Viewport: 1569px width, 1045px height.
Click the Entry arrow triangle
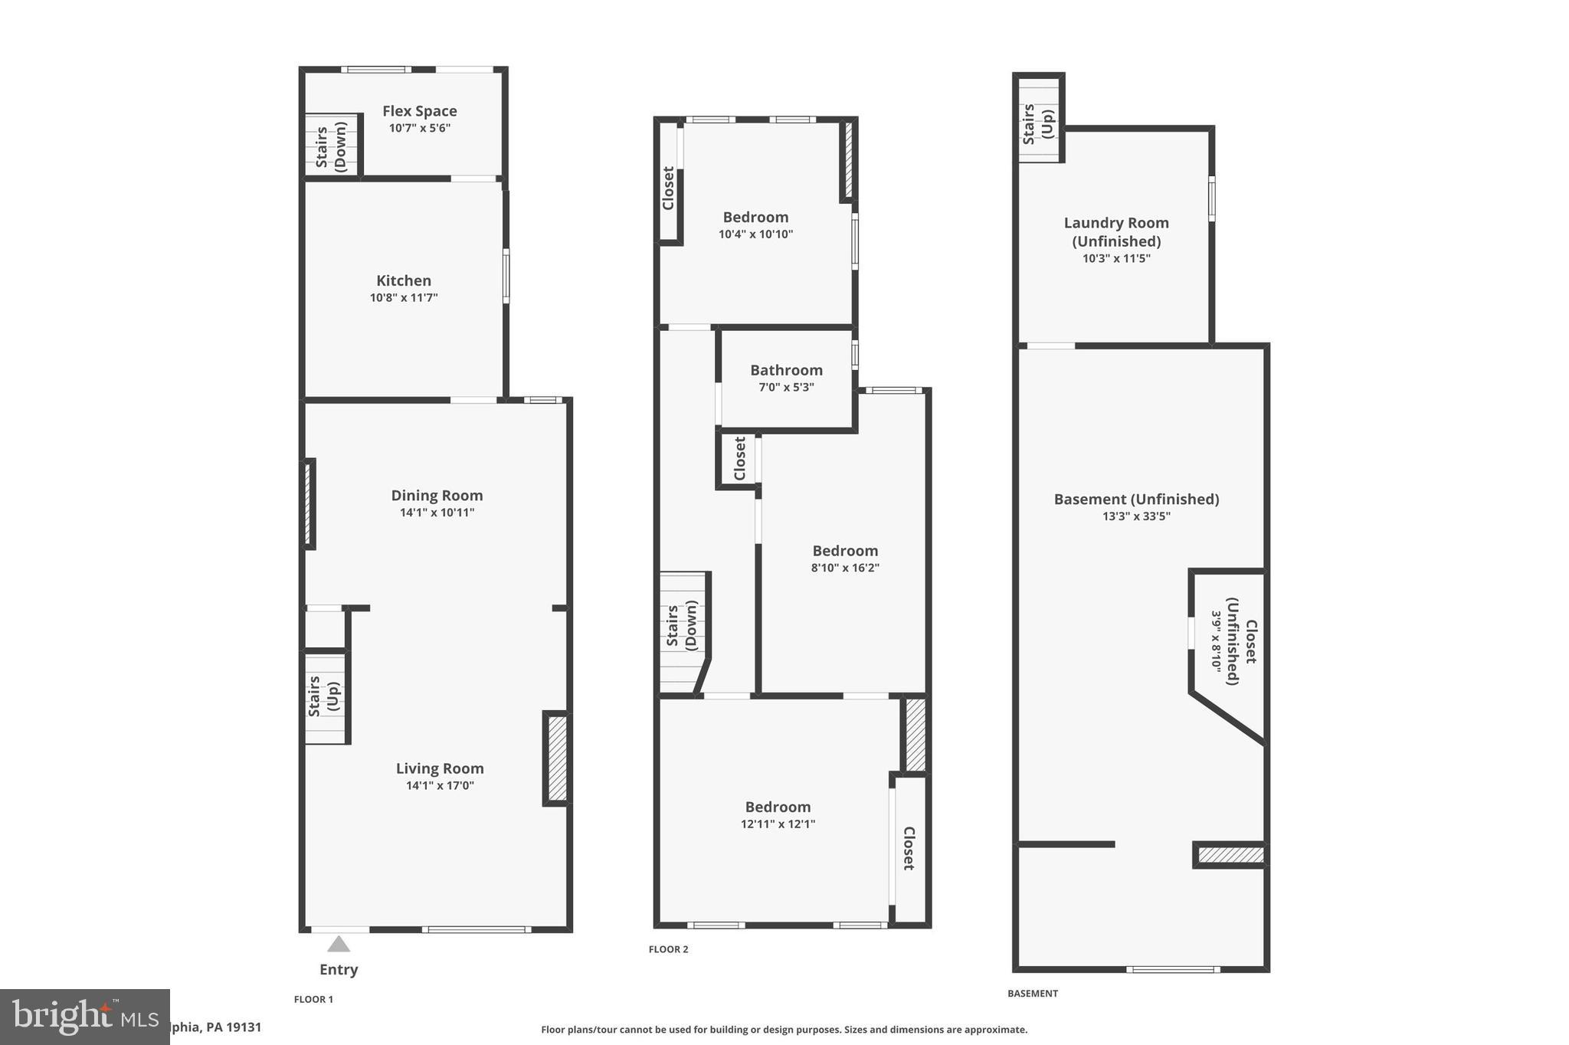(x=339, y=944)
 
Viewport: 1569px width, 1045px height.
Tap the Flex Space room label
(x=419, y=111)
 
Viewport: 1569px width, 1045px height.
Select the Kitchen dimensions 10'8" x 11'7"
(x=404, y=297)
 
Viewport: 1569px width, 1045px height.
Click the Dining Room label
(x=437, y=495)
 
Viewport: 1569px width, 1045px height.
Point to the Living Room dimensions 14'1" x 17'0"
(x=440, y=785)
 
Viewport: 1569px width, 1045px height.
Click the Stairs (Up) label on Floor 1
(x=323, y=696)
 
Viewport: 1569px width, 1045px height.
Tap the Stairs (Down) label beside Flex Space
(x=331, y=147)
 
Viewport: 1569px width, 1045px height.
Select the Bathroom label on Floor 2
(x=786, y=370)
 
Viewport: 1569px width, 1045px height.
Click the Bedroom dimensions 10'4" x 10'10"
(x=755, y=234)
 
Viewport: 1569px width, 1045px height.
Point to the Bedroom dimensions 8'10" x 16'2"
(x=845, y=568)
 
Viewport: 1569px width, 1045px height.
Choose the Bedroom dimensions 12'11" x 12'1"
(x=778, y=824)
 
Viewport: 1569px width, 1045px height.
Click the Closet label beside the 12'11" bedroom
(x=909, y=848)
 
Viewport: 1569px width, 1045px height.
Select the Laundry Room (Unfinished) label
(x=1116, y=231)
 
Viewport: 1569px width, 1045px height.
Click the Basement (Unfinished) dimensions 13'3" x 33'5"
(x=1136, y=516)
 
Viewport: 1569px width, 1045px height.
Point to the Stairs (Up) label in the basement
(x=1038, y=124)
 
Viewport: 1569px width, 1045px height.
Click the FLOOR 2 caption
(x=668, y=949)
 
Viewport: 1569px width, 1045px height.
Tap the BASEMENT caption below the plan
(x=1032, y=994)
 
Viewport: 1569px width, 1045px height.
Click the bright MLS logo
(x=84, y=1017)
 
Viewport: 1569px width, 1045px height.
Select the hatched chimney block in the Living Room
(x=557, y=758)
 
